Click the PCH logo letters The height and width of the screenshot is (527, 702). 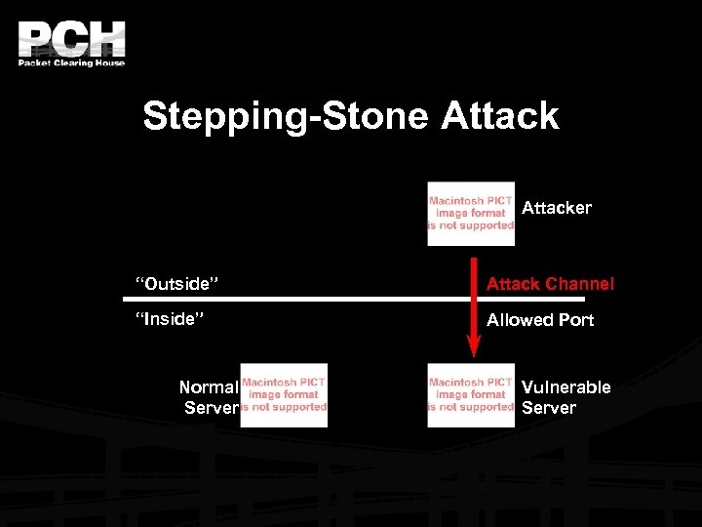click(x=71, y=39)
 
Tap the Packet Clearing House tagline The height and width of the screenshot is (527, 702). click(x=71, y=62)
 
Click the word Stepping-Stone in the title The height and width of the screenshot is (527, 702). click(x=285, y=116)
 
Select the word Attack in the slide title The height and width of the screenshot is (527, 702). click(x=499, y=116)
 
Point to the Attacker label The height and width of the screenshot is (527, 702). click(x=557, y=208)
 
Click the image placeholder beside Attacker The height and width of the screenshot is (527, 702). click(x=471, y=213)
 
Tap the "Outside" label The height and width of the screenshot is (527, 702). click(x=176, y=284)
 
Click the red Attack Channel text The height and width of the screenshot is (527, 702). click(x=550, y=284)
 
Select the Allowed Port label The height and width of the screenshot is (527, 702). click(x=540, y=320)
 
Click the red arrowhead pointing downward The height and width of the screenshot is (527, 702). click(x=474, y=345)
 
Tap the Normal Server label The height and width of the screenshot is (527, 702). click(x=209, y=397)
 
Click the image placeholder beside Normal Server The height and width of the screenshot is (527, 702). click(x=284, y=395)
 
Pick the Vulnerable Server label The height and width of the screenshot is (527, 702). click(x=565, y=397)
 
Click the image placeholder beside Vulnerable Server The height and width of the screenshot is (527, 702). click(x=471, y=395)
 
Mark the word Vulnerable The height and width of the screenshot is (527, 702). click(x=566, y=387)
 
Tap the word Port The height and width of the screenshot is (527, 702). click(x=575, y=320)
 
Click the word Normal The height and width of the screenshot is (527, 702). click(x=209, y=387)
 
